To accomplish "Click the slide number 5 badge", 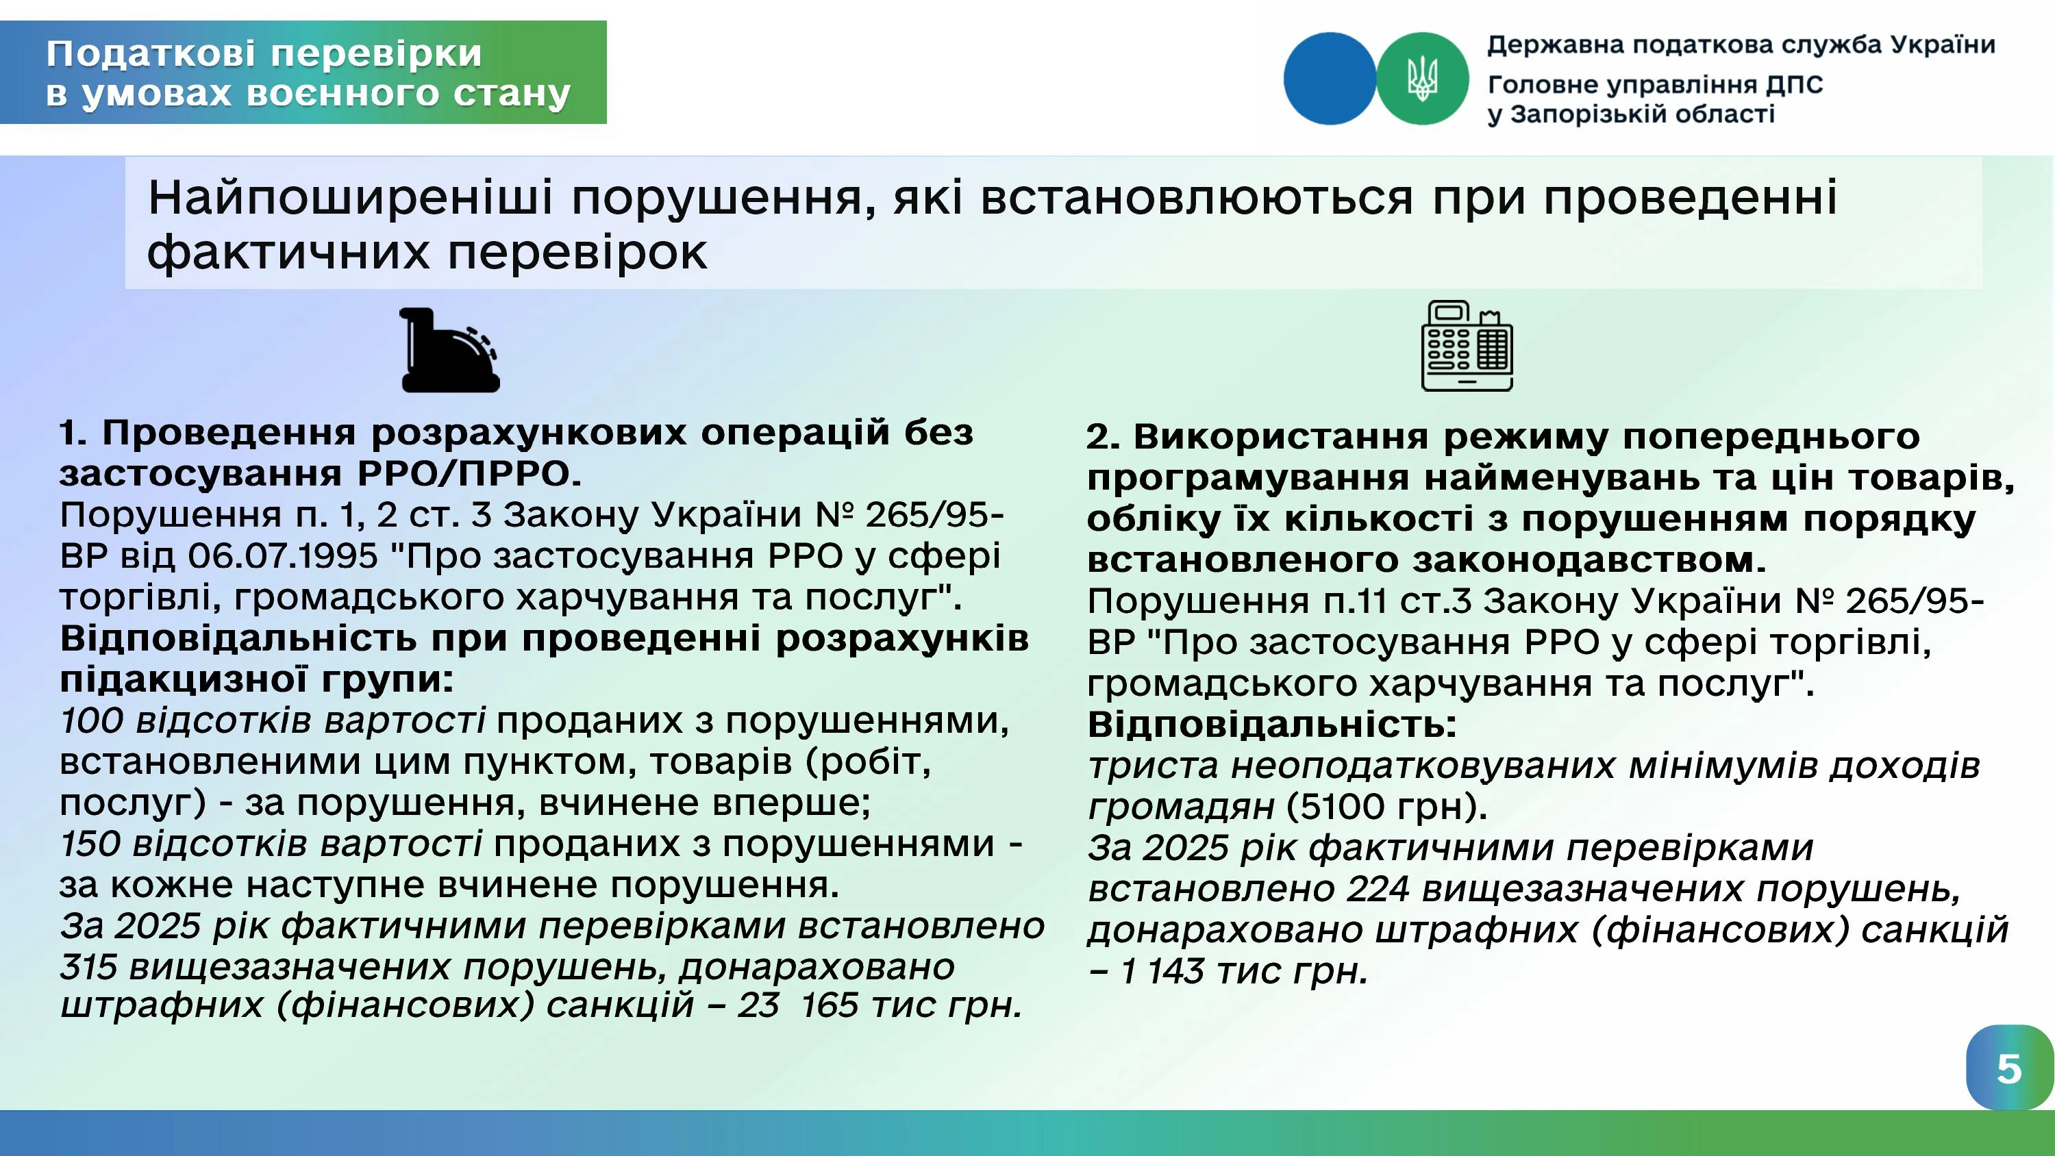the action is [2008, 1068].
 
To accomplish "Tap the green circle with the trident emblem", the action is [1422, 78].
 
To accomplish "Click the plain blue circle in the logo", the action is [1330, 78].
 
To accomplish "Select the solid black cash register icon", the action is [450, 350].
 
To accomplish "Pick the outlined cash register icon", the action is [1467, 345].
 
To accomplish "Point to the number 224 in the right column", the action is [1378, 889].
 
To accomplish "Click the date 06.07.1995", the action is [282, 556].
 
